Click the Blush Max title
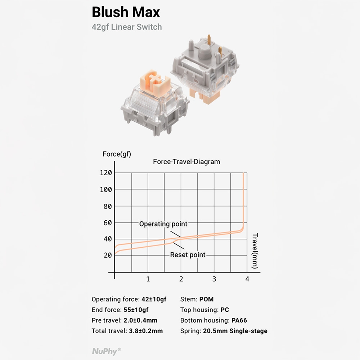pyautogui.click(x=126, y=12)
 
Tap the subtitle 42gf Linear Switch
pyautogui.click(x=127, y=27)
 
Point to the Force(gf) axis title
pyautogui.click(x=117, y=154)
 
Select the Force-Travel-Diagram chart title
pyautogui.click(x=186, y=162)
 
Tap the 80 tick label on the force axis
pyautogui.click(x=107, y=207)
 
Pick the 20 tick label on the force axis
pyautogui.click(x=107, y=255)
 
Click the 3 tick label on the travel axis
pyautogui.click(x=214, y=279)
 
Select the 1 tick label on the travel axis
pyautogui.click(x=148, y=279)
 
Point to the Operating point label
pyautogui.click(x=163, y=224)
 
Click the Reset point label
pyautogui.click(x=188, y=255)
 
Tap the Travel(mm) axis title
pyautogui.click(x=255, y=251)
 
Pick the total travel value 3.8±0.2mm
pyautogui.click(x=146, y=331)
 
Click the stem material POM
pyautogui.click(x=206, y=299)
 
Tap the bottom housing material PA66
pyautogui.click(x=239, y=320)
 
